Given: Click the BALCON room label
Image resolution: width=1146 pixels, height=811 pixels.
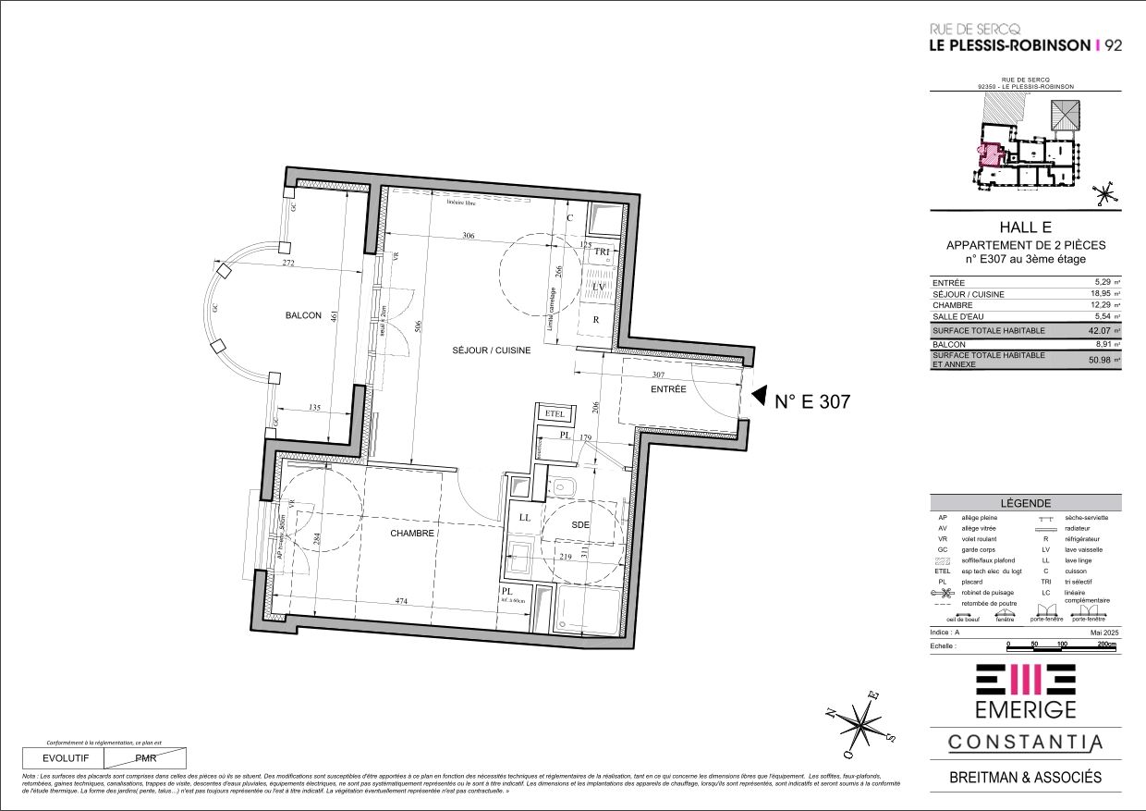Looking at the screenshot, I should pyautogui.click(x=304, y=315).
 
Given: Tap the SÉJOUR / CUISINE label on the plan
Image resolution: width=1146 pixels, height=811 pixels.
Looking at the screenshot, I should pyautogui.click(x=492, y=350).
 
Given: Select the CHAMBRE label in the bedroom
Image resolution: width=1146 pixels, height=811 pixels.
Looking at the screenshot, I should pyautogui.click(x=412, y=533).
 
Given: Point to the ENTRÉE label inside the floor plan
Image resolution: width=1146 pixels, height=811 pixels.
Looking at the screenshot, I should pyautogui.click(x=668, y=389).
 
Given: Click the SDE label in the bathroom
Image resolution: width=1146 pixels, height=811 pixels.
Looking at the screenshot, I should pyautogui.click(x=580, y=525).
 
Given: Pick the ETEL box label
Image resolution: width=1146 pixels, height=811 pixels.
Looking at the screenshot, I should pyautogui.click(x=555, y=413).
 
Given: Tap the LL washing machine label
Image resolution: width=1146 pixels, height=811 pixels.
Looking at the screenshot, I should pyautogui.click(x=525, y=518).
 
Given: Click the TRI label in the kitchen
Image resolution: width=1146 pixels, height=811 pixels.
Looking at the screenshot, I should pyautogui.click(x=603, y=252).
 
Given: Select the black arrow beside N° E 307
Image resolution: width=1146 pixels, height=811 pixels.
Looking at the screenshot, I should pyautogui.click(x=759, y=398).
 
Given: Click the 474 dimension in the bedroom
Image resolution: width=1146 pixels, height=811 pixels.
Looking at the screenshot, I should pyautogui.click(x=401, y=601).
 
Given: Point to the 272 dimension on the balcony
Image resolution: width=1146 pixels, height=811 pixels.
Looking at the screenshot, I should pyautogui.click(x=262, y=264).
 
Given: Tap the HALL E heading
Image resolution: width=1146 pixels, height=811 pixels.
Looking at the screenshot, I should pyautogui.click(x=1025, y=227).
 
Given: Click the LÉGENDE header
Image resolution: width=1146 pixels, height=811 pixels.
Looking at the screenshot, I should pyautogui.click(x=1025, y=502).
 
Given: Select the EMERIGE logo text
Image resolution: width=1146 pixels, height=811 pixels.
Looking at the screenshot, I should pyautogui.click(x=1025, y=709).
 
